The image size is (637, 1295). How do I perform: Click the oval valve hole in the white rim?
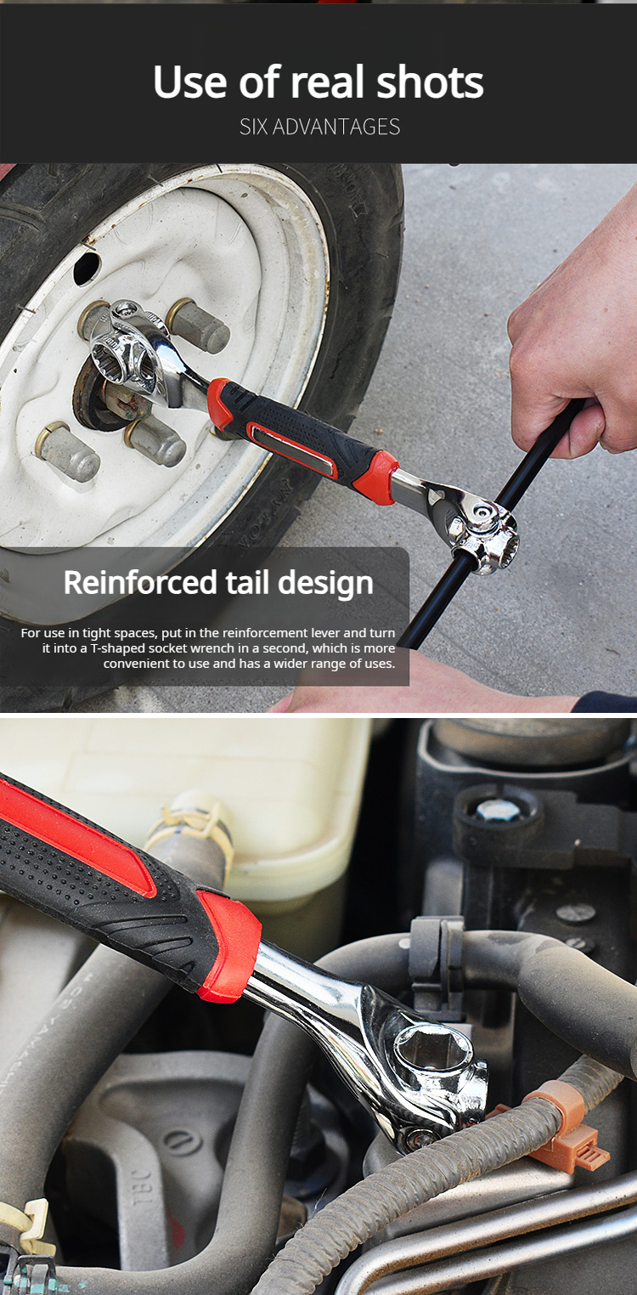(x=87, y=269)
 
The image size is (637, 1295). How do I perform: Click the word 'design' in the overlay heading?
(x=328, y=583)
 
